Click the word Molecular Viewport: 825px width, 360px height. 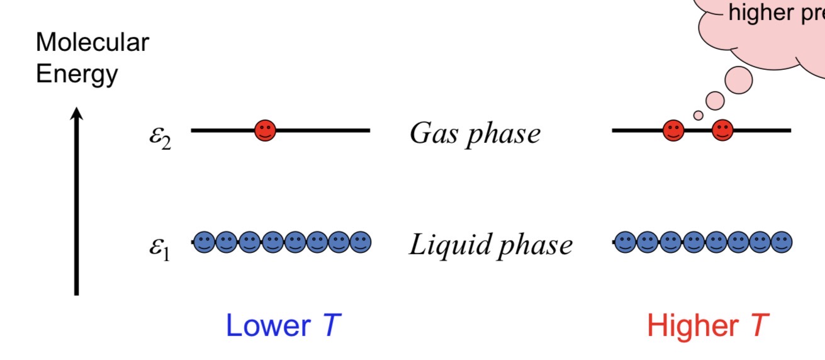93,43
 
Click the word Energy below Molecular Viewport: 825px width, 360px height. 77,74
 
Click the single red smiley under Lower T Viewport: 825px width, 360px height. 266,131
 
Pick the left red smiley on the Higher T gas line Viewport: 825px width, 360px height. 673,131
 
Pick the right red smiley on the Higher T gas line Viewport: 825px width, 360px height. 722,131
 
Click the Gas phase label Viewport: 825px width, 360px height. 475,133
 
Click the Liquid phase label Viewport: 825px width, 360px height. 491,245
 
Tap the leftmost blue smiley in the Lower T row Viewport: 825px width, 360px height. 204,242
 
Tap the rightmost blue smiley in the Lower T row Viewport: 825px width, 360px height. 361,242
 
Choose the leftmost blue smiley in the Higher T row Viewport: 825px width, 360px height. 625,242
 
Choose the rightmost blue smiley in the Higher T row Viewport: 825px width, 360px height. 782,242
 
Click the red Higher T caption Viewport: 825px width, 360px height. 708,326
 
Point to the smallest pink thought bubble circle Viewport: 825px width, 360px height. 698,115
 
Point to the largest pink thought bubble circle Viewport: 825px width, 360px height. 739,79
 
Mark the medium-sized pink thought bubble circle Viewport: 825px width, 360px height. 715,99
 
